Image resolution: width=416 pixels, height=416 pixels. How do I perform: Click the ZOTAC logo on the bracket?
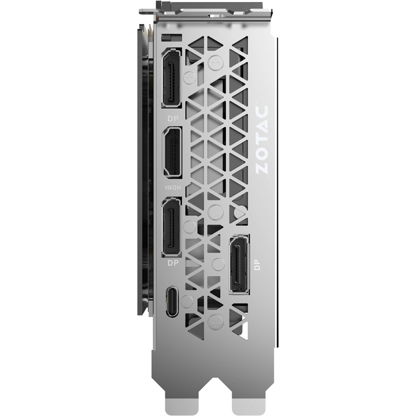click(262, 140)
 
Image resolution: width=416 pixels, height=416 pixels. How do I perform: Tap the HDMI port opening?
click(172, 152)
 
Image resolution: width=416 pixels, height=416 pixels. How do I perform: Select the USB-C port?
click(172, 301)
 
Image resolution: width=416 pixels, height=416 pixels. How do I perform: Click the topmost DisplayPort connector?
click(171, 78)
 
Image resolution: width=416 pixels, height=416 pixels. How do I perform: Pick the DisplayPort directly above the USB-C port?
click(171, 227)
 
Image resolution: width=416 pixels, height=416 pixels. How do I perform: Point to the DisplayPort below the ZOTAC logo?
click(239, 265)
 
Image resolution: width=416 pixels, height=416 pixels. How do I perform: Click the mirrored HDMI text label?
click(173, 188)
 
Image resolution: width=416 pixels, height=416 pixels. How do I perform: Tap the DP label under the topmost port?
click(173, 118)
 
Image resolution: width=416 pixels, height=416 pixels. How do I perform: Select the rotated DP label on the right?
click(257, 265)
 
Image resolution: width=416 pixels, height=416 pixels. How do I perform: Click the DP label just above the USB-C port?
click(173, 263)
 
